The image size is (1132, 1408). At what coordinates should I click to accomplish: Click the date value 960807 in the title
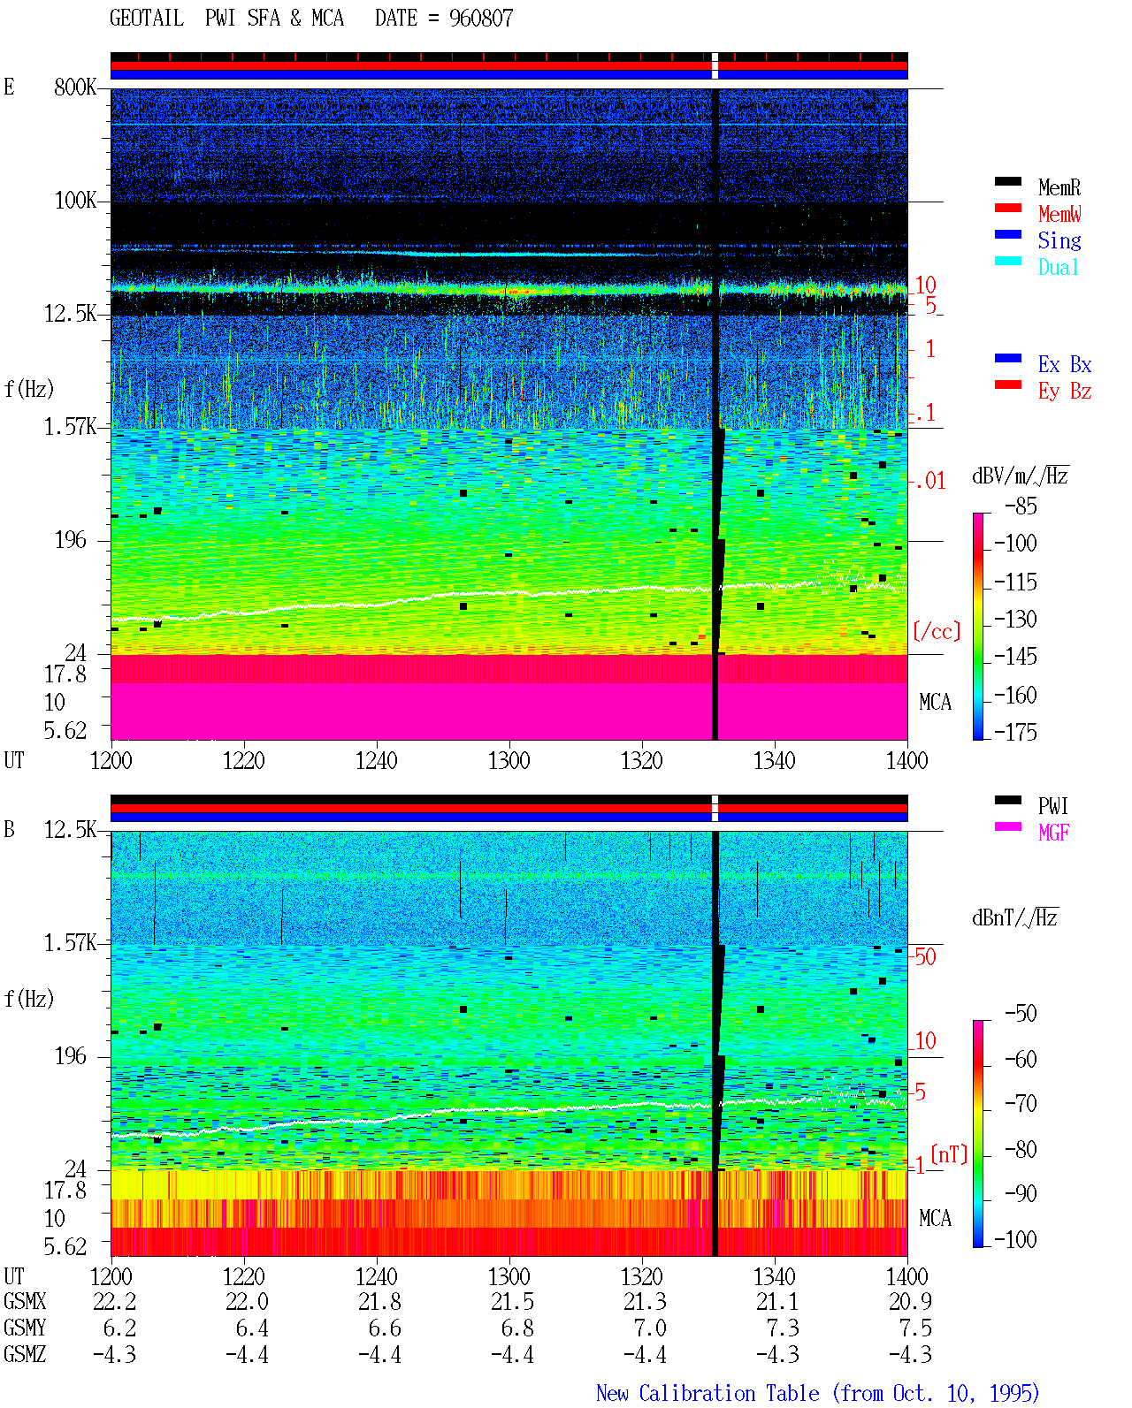pos(480,19)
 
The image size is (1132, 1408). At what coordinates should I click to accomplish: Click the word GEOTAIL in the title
pos(147,19)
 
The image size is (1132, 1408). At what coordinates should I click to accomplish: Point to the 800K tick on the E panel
pos(75,87)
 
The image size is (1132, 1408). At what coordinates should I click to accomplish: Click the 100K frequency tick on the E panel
pos(75,201)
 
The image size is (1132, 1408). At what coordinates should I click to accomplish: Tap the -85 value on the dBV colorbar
pos(1021,506)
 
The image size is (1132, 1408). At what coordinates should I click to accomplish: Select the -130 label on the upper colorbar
pos(1015,620)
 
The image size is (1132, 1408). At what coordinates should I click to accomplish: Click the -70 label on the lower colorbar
pos(1021,1104)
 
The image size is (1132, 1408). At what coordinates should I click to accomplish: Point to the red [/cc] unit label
pos(937,631)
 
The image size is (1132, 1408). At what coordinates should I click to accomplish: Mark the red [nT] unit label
pos(949,1154)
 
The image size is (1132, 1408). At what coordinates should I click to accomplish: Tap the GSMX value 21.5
pos(512,1302)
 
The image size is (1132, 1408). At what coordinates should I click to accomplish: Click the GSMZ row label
pos(25,1354)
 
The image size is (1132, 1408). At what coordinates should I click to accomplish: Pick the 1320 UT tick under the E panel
pos(642,761)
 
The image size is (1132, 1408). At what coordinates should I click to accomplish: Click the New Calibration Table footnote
pos(817,1394)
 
